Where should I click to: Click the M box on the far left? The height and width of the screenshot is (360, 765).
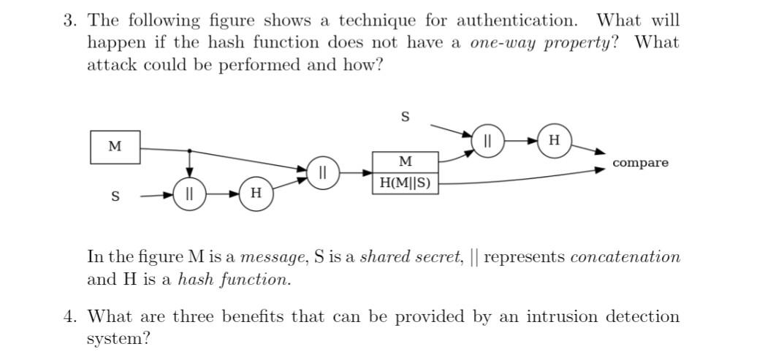(x=115, y=147)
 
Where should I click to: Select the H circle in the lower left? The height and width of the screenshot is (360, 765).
(x=256, y=194)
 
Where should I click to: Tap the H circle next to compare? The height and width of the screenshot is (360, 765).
(x=555, y=140)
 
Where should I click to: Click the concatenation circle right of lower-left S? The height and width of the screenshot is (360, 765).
(x=189, y=195)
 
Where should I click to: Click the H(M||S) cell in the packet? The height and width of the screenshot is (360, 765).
(x=406, y=183)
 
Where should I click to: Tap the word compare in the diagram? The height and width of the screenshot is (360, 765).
(x=640, y=163)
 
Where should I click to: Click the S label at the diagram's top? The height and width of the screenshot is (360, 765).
(x=406, y=117)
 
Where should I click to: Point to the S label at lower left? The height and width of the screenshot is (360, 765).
(x=115, y=196)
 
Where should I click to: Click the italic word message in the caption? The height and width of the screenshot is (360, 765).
(x=274, y=257)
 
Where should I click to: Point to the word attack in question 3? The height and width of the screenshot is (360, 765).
(x=113, y=64)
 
